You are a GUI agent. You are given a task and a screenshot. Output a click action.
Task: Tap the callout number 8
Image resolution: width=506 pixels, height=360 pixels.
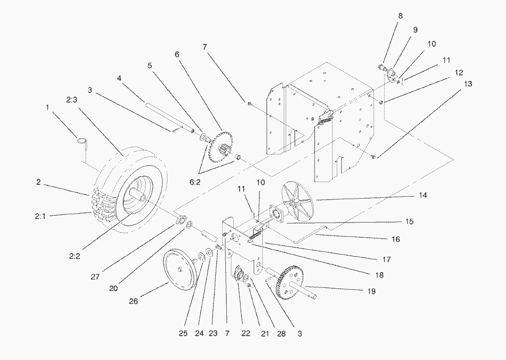400,16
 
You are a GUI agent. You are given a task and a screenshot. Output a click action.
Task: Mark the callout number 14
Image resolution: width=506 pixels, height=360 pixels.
423,195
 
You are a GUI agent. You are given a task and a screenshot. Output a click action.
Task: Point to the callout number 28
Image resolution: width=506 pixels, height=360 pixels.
282,334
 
